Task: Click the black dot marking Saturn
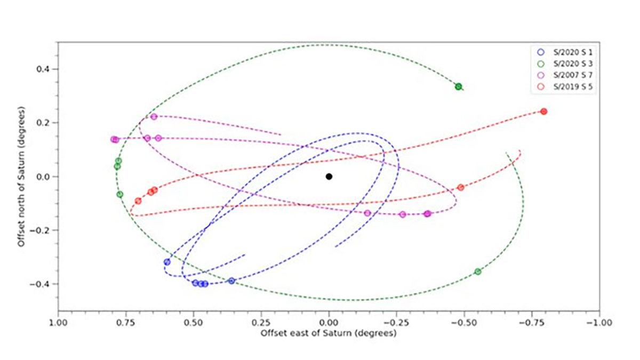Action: click(329, 177)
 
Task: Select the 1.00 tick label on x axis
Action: click(58, 323)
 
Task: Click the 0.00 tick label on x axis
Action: click(329, 323)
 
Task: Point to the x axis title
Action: click(329, 334)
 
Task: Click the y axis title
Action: click(22, 177)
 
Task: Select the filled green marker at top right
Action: click(458, 86)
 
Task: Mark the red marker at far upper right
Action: click(543, 111)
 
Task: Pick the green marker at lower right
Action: click(478, 271)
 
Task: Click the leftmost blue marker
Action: click(167, 262)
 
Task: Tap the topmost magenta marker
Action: click(154, 117)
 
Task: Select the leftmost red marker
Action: click(138, 201)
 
